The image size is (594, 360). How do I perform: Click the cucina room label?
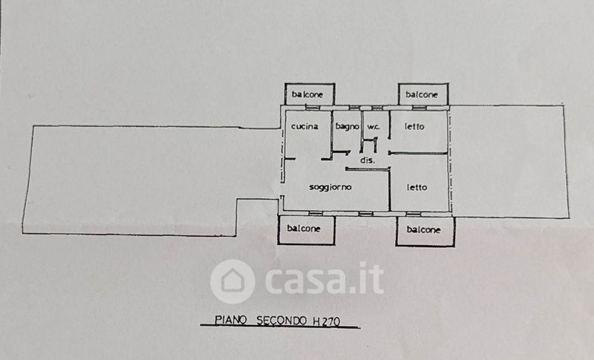click(x=305, y=127)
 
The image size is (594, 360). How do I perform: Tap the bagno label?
click(x=347, y=127)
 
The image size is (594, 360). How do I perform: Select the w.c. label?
click(x=373, y=127)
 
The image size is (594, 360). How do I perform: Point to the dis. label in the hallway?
click(x=367, y=160)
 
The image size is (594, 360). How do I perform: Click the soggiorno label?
click(x=330, y=187)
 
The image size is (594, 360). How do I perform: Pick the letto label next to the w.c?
click(x=415, y=127)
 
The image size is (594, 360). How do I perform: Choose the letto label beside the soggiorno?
click(x=417, y=187)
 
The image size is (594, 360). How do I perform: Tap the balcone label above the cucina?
click(x=307, y=94)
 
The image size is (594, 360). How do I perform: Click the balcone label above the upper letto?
click(x=422, y=95)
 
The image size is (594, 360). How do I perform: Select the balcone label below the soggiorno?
click(x=304, y=229)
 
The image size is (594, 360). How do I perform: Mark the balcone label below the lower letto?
click(x=424, y=230)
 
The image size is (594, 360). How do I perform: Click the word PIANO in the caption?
click(x=231, y=320)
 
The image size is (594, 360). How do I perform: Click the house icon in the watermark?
click(x=232, y=281)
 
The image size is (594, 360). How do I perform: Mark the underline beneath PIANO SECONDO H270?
click(x=278, y=328)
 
